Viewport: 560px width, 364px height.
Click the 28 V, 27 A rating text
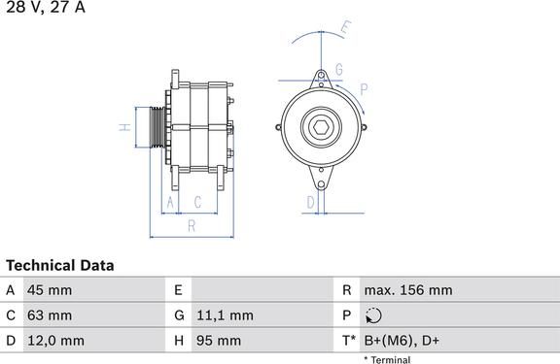point(46,7)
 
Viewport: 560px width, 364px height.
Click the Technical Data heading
point(60,265)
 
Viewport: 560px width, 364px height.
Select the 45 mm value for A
point(50,290)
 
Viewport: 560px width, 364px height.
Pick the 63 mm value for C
point(50,315)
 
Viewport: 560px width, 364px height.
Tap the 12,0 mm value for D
point(55,341)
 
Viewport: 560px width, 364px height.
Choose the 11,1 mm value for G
point(225,315)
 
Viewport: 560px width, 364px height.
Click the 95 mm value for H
point(219,341)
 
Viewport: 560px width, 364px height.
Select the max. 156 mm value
point(408,290)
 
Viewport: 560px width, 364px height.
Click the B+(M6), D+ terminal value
point(402,341)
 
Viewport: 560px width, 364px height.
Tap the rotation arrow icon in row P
point(373,315)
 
